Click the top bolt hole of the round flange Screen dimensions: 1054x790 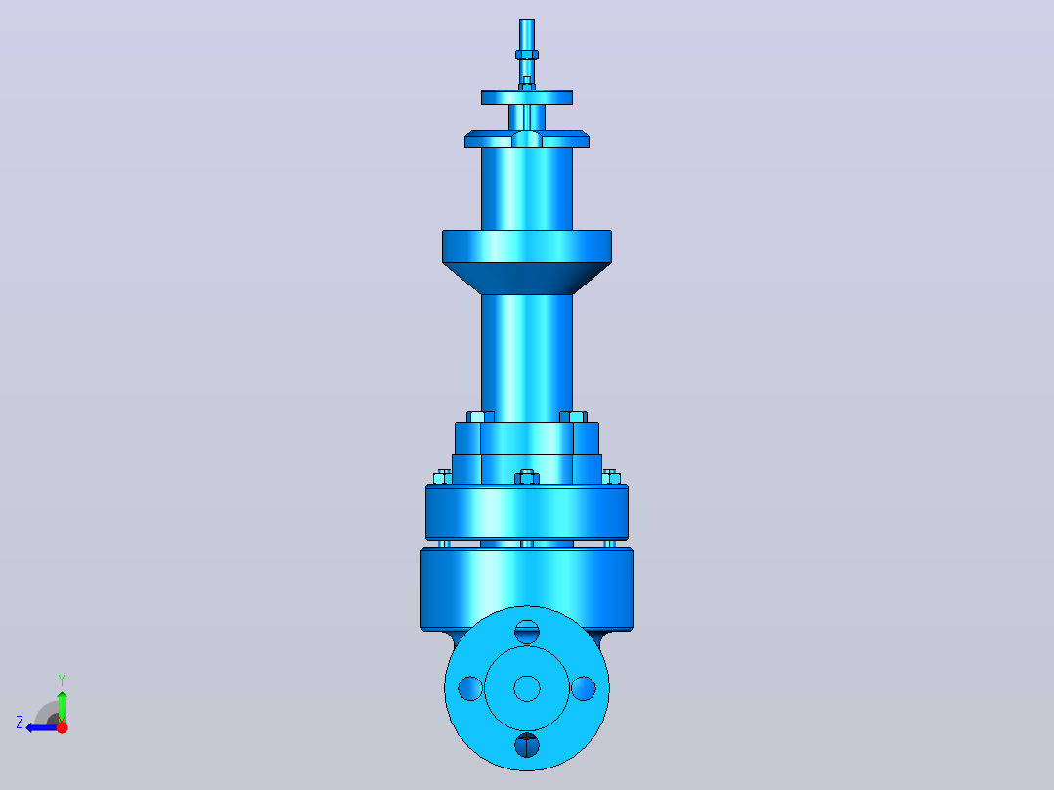[527, 632]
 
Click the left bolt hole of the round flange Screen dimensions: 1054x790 [470, 688]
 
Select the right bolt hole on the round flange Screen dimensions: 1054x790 [584, 688]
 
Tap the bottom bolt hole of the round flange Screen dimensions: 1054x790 [527, 745]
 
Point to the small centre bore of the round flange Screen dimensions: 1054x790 [527, 688]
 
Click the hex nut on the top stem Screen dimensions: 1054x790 [527, 55]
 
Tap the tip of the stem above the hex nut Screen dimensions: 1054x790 [527, 21]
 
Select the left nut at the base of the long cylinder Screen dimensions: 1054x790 [481, 417]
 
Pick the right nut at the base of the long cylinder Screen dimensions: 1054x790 [573, 417]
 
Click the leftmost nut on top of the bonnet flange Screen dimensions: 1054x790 [443, 477]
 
